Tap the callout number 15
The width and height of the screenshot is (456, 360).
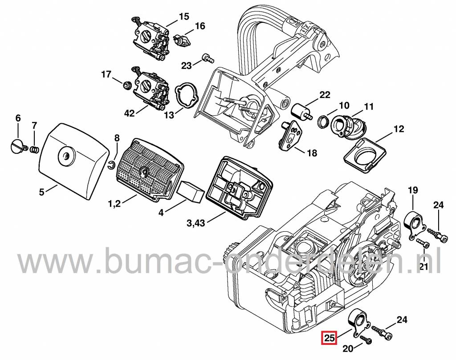[184, 17]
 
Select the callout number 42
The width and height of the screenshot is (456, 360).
[129, 113]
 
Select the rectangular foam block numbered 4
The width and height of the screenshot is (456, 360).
[191, 194]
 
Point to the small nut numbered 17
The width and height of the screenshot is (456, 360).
[126, 83]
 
